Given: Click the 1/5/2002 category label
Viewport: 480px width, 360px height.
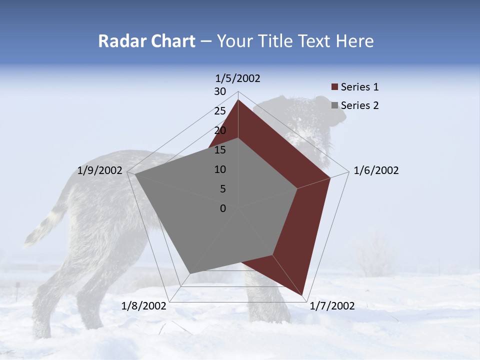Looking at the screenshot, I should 238,78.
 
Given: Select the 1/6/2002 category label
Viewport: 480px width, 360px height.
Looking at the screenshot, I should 376,170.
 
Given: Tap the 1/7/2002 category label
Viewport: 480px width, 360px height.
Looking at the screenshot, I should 331,306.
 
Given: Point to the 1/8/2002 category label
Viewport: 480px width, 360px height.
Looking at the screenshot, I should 144,306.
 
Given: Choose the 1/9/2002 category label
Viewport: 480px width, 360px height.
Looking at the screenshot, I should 100,170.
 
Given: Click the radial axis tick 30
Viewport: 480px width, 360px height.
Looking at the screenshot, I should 220,91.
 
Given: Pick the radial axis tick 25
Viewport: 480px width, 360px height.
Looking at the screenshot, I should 220,111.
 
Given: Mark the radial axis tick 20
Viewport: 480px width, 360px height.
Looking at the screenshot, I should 220,130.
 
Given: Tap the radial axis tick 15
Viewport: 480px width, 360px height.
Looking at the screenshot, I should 220,150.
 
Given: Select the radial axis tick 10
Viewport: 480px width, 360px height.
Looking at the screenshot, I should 220,169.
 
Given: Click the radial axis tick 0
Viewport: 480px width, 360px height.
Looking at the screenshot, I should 223,208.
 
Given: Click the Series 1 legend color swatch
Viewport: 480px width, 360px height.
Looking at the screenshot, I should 334,87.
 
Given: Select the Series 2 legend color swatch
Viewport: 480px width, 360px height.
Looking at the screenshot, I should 334,105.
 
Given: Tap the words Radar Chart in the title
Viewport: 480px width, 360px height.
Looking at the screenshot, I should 146,41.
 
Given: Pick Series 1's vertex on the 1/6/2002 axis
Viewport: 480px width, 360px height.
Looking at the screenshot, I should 330,178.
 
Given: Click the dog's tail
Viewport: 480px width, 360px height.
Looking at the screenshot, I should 45,225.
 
